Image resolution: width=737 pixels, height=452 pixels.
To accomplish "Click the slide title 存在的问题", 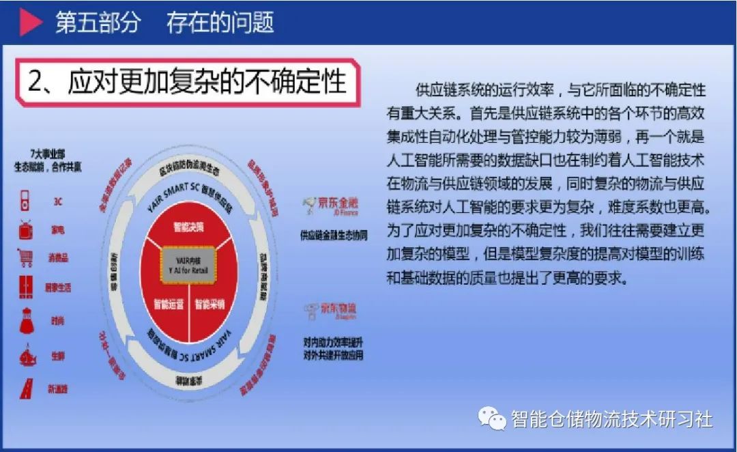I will [x=220, y=23].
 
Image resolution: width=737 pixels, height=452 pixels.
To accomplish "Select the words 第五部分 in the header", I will [x=98, y=23].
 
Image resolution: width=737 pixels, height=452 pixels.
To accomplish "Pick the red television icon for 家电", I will [x=26, y=229].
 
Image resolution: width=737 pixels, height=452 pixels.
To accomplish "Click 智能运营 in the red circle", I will [x=168, y=304].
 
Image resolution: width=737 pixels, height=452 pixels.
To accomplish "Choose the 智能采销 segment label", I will [x=209, y=304].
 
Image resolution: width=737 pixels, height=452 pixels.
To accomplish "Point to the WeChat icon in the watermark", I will [x=491, y=416].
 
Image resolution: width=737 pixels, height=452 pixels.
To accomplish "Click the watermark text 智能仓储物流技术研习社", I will [x=611, y=418].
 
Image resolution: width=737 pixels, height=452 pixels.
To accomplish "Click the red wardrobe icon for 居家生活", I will [x=26, y=287].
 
